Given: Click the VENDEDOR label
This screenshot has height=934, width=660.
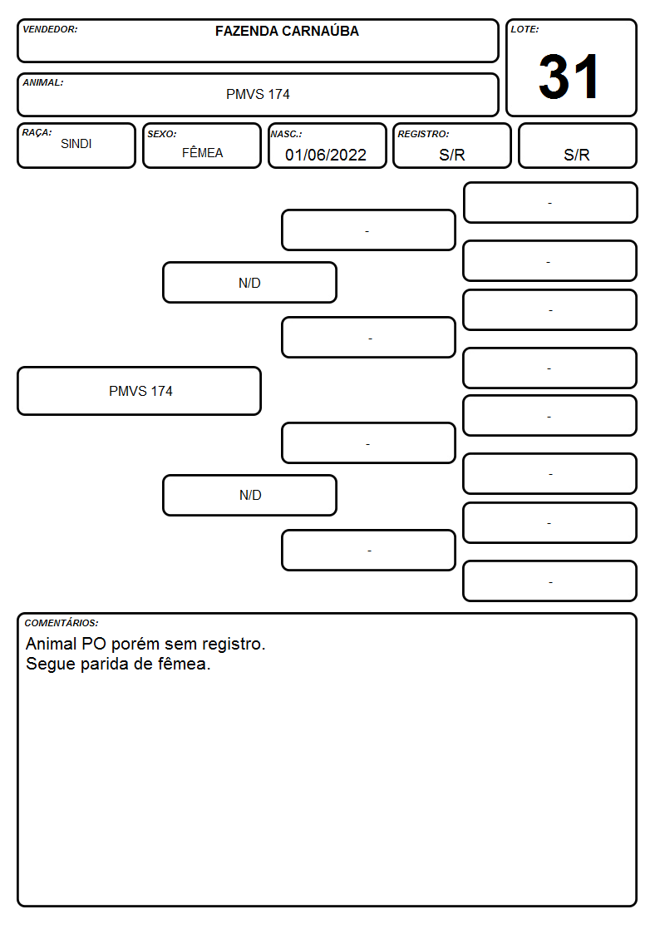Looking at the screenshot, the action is coord(50,29).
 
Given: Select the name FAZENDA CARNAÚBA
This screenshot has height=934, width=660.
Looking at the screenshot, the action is coord(287,31).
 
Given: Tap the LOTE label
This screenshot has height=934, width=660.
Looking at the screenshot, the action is coord(525,29).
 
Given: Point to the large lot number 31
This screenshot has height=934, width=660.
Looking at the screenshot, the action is coord(569,77).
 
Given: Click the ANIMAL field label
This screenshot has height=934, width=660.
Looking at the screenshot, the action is coord(43,83).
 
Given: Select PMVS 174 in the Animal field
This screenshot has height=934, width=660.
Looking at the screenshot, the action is coord(258,94).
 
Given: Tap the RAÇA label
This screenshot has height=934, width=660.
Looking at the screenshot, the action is coord(37,132).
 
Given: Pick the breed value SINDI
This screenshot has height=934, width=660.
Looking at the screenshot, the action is coord(76,144).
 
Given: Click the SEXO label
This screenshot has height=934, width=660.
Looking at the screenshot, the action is coord(162,134).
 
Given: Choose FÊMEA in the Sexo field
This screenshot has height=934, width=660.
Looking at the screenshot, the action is coord(202,152).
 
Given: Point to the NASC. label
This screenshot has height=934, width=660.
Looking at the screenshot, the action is coord(286,134).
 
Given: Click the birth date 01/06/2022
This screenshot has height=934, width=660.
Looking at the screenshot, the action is coord(326,155).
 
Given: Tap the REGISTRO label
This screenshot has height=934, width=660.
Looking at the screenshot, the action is coord(423,134).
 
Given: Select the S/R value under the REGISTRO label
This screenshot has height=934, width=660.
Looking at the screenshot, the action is coord(451,155).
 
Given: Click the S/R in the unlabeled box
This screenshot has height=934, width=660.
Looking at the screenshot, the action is coord(577,155).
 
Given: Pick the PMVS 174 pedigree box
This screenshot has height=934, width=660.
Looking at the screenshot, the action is coord(140,391).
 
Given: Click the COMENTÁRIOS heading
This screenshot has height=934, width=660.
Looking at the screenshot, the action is coord(62,623).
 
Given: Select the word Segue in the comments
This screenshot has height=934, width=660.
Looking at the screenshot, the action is coord(51,664).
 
